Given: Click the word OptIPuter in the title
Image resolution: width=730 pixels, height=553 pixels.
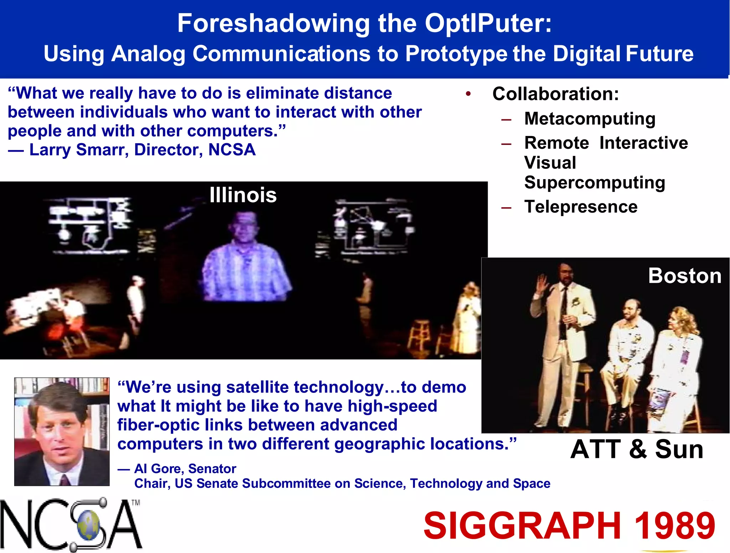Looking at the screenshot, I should click(488, 24).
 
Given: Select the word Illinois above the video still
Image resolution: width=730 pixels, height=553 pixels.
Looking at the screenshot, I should click(243, 195).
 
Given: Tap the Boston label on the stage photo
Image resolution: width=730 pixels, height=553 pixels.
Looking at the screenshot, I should click(684, 276).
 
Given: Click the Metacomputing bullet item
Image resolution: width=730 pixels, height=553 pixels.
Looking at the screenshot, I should click(590, 119).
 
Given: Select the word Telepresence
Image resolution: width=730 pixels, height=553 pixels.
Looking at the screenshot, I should click(581, 207).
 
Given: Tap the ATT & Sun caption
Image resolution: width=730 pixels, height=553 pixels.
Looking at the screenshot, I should click(637, 449).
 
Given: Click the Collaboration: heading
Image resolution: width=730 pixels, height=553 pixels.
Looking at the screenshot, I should click(555, 94).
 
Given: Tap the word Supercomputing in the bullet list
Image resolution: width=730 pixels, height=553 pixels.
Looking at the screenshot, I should click(595, 183).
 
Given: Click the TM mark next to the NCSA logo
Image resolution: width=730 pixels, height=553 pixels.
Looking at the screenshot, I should click(136, 503).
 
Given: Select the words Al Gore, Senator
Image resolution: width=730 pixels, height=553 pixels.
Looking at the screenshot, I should click(185, 469).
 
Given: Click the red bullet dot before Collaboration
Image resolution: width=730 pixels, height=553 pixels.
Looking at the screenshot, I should click(468, 94).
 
